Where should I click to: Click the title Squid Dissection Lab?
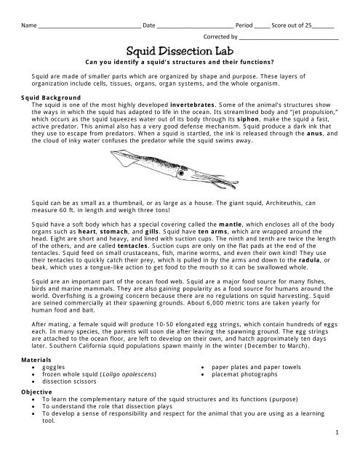pyautogui.click(x=179, y=52)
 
